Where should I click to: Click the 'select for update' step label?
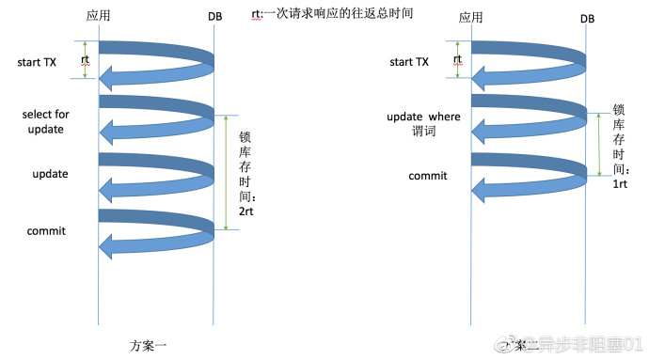point(46,121)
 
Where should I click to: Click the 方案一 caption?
point(149,344)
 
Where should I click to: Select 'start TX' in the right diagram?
point(408,62)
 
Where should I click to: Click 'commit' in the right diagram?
point(427,176)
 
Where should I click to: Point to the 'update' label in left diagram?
point(49,175)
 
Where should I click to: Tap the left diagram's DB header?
point(214,17)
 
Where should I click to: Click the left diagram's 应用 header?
point(99,17)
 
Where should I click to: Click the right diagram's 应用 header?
point(470,17)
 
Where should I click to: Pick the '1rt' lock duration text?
point(620,183)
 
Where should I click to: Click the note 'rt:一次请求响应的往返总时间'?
point(320,14)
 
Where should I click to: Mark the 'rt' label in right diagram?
point(458,59)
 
